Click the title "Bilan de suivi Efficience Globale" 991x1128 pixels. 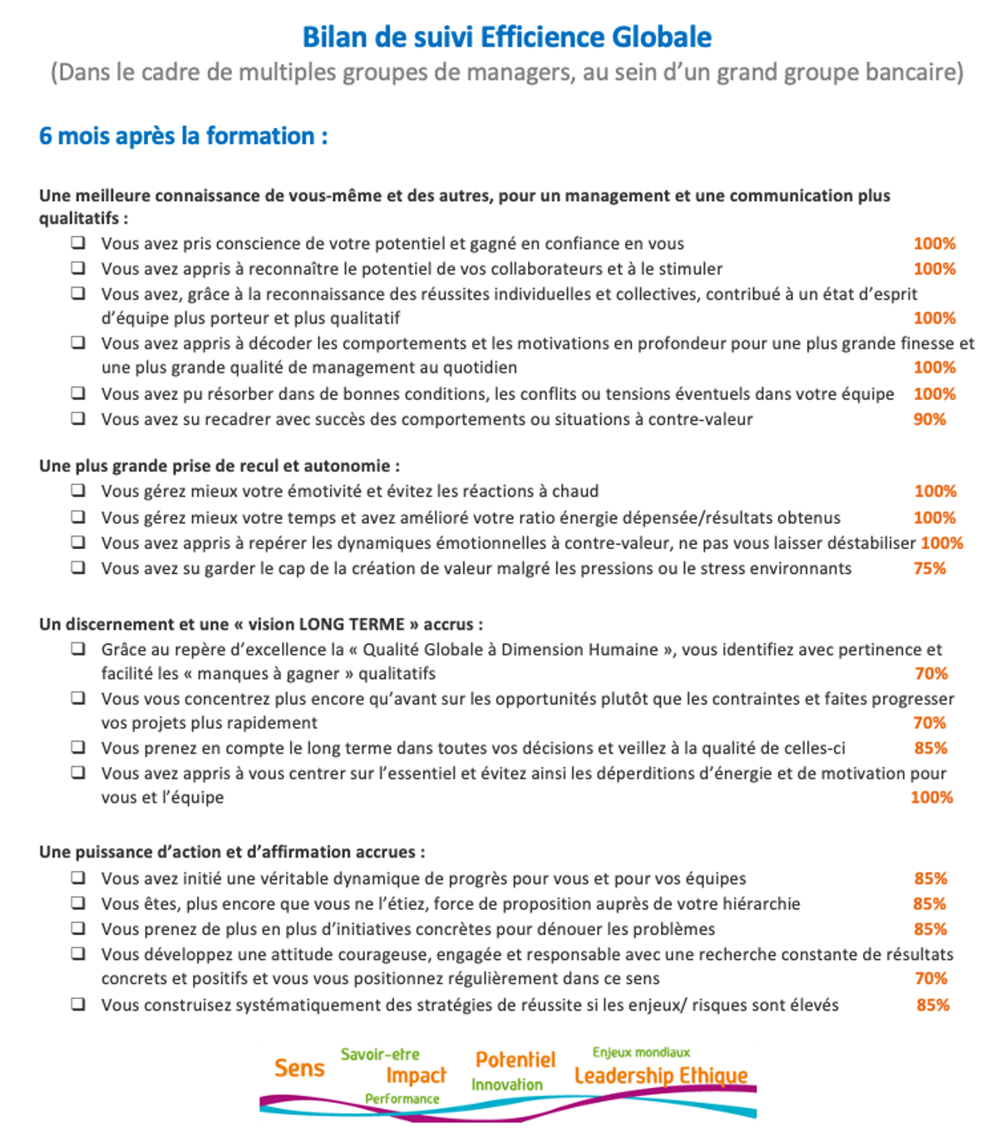(506, 37)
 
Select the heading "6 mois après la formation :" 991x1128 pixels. (183, 136)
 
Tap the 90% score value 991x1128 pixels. (929, 419)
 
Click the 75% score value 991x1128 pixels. (929, 569)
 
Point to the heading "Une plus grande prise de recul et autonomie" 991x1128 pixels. (219, 466)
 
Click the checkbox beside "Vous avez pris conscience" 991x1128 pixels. (78, 243)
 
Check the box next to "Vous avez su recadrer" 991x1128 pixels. (78, 418)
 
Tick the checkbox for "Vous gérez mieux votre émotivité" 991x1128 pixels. (78, 491)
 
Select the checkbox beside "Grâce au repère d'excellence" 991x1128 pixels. (78, 649)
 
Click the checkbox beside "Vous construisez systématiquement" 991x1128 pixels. (78, 1004)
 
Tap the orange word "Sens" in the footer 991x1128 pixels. (299, 1068)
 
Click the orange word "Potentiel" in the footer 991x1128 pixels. (515, 1060)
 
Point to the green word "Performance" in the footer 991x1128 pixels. (402, 1099)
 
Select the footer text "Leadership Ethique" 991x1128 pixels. (661, 1076)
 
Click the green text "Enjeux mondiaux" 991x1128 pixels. (641, 1052)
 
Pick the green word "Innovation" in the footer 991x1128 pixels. (507, 1085)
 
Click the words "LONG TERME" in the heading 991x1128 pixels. (352, 624)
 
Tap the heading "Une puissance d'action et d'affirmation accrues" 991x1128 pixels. (232, 852)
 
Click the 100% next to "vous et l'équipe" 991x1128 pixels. (931, 797)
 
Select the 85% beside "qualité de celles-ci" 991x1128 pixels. (930, 748)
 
